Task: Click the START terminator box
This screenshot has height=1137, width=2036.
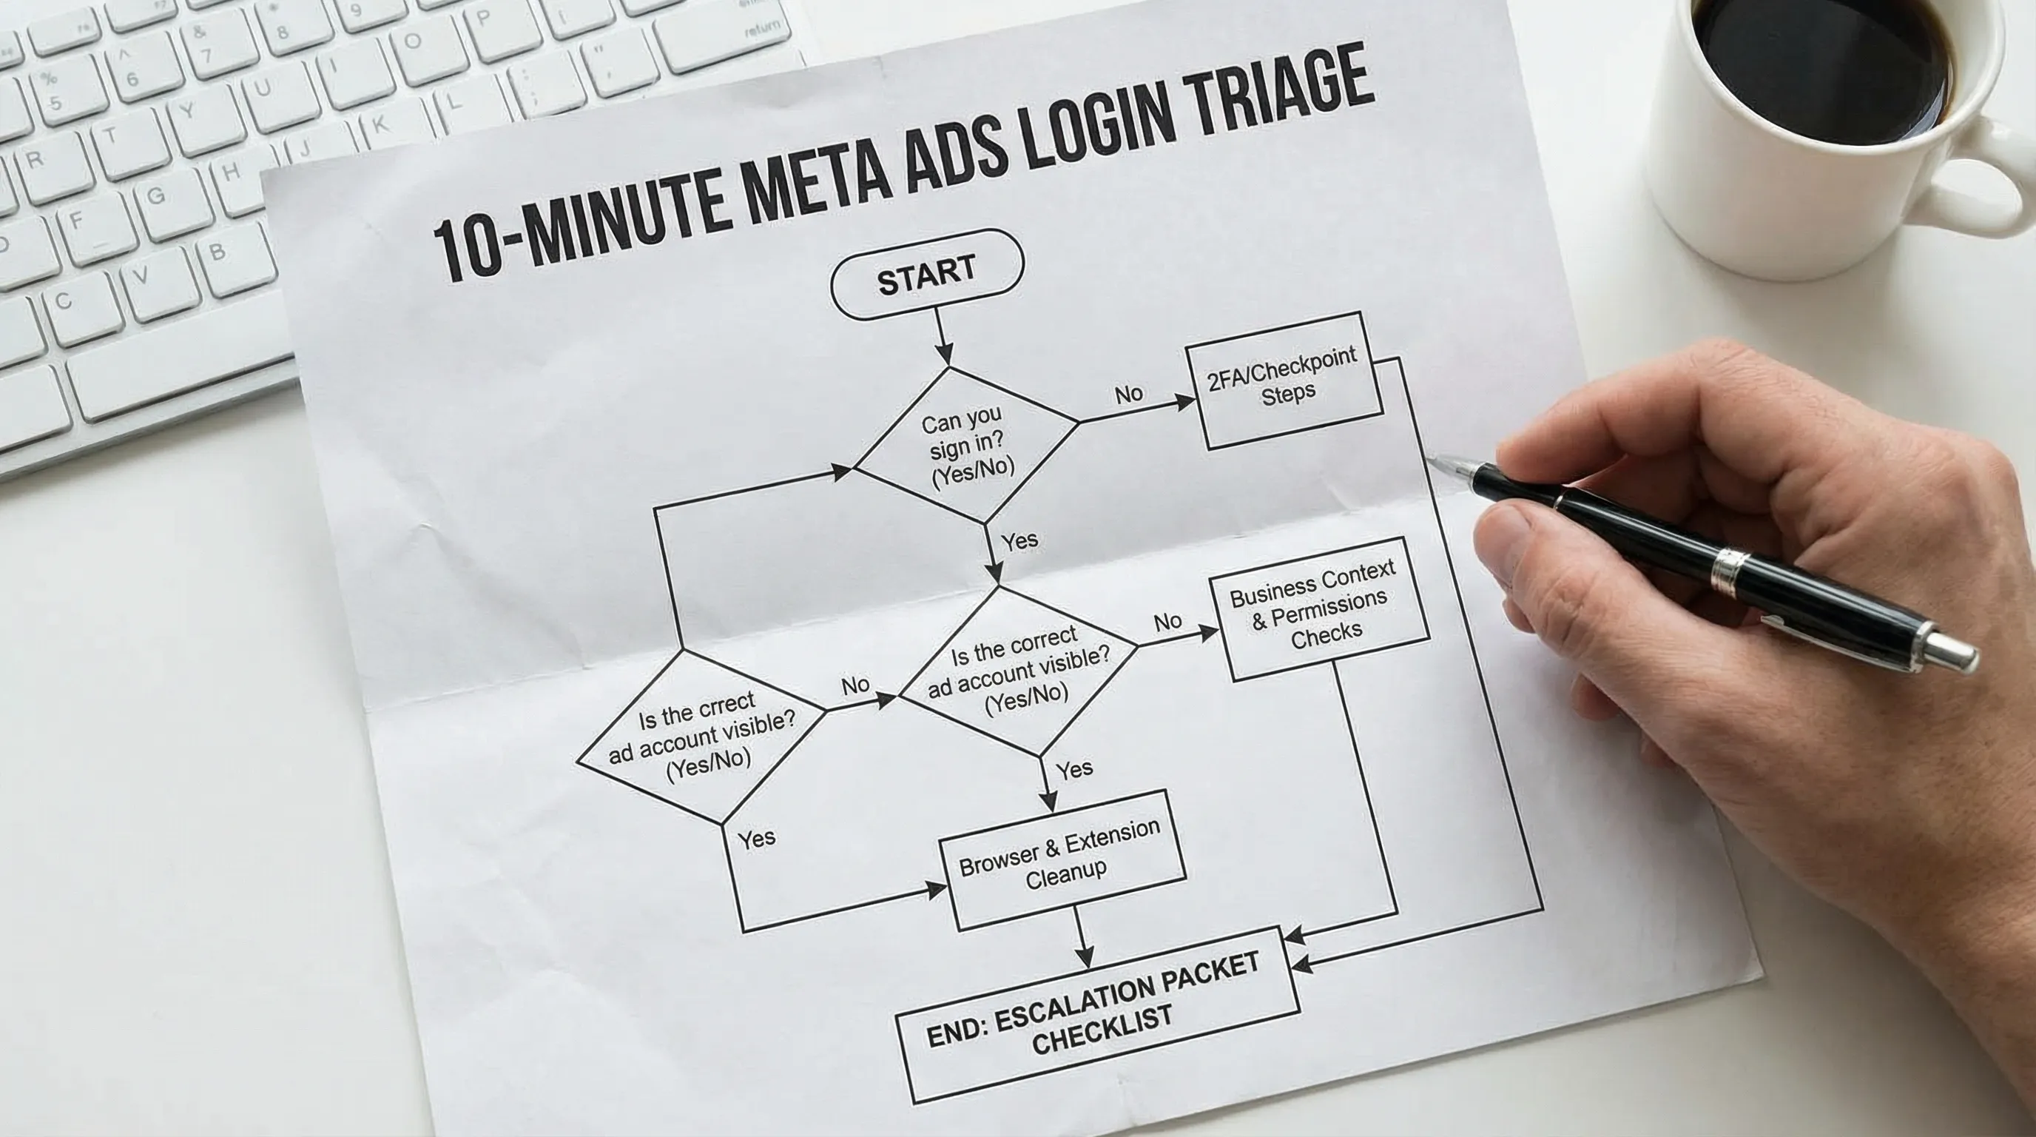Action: (x=927, y=275)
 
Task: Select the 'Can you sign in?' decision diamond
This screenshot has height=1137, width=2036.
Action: (x=967, y=445)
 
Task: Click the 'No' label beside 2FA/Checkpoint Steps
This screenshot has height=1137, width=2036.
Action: (x=1129, y=394)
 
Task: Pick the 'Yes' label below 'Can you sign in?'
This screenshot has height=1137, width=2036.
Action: (x=1019, y=542)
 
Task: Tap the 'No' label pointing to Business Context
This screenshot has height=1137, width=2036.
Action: (x=1167, y=623)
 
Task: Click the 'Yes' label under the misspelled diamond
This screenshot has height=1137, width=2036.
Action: (x=756, y=838)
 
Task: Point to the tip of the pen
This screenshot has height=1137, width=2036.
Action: (x=1432, y=459)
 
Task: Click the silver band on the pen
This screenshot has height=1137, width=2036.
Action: (x=1729, y=569)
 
